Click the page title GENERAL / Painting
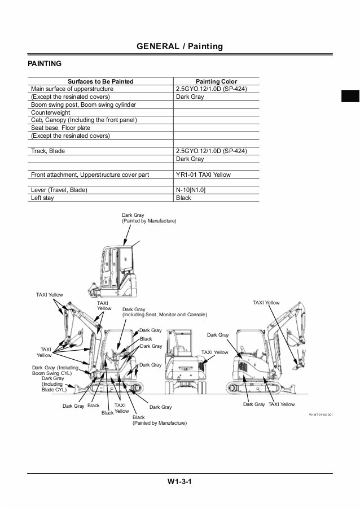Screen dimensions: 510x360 [180, 46]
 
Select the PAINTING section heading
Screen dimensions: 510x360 [45, 64]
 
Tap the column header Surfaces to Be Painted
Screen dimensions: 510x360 [100, 81]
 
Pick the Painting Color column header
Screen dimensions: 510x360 [216, 81]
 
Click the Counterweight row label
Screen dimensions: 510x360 [50, 112]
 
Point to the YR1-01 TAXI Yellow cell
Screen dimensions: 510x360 [203, 175]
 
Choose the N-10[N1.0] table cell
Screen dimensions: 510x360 [191, 190]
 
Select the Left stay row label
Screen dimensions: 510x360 [42, 198]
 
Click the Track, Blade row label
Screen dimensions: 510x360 [48, 151]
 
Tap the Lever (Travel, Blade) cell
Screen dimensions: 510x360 [59, 190]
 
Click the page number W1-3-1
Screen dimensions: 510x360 [180, 482]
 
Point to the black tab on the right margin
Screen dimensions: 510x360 [350, 96]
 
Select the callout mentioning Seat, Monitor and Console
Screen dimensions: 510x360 [164, 312]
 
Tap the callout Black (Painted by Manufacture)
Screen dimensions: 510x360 [159, 420]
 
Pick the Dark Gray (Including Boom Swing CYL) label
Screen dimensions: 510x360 [55, 370]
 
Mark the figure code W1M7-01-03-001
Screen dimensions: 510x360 [321, 414]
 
